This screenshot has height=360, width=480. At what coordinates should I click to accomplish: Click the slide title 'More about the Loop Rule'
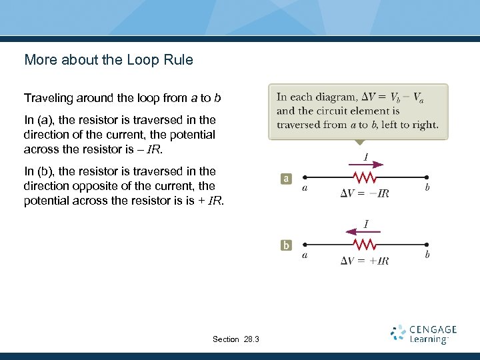pos(109,60)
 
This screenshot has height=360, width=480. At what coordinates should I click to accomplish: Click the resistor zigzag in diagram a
pos(365,178)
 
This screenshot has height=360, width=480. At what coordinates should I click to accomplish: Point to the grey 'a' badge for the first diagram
pos(286,179)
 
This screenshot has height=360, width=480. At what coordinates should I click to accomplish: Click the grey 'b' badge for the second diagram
pos(286,245)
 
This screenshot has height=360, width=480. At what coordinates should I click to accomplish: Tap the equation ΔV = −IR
pos(365,193)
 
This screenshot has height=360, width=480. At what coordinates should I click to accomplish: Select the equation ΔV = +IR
pos(365,260)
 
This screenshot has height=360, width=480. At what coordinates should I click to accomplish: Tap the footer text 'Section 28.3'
pos(236,339)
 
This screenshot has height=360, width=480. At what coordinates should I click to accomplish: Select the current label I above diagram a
pos(366,157)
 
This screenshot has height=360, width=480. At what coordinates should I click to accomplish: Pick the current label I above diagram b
pos(366,223)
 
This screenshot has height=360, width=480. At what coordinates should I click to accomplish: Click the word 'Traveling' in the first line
pos(48,99)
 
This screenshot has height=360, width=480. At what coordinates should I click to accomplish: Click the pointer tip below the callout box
pos(359,143)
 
